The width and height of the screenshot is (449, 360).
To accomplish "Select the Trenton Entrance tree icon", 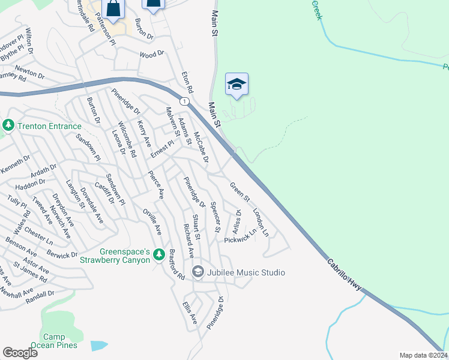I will [x=8, y=125].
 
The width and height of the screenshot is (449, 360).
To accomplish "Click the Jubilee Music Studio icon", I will [x=197, y=272].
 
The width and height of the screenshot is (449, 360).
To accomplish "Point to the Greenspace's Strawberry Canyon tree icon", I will [x=159, y=255].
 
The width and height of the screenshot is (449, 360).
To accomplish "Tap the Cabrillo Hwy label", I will [x=345, y=276].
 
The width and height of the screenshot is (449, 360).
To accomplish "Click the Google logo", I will [x=20, y=353].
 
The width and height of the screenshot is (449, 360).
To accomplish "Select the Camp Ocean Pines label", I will [x=60, y=341].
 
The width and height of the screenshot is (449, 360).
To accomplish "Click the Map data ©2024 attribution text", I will [x=423, y=355].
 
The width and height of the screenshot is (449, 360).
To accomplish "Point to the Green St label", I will [x=240, y=193].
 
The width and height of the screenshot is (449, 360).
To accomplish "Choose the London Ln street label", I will [x=261, y=221].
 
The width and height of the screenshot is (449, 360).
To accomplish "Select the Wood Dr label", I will [x=151, y=55].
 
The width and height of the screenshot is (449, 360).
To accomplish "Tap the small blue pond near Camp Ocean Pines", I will [x=99, y=346].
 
